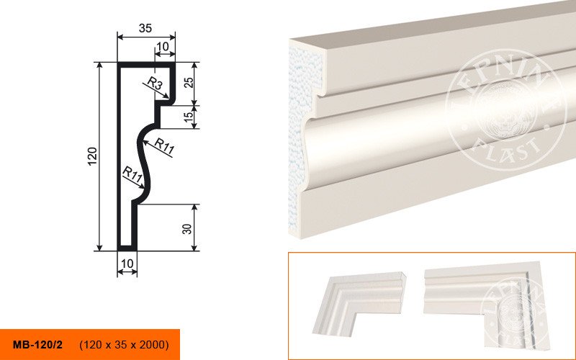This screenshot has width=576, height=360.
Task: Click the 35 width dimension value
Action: click(145, 28)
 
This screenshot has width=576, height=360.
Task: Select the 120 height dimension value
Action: click(93, 156)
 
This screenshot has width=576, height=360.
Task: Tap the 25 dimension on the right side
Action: click(189, 82)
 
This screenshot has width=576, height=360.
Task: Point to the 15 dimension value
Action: click(188, 117)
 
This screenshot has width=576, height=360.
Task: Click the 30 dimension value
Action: click(187, 229)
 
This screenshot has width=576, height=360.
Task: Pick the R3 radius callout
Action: click(156, 84)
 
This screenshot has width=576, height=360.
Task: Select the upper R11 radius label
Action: click(164, 146)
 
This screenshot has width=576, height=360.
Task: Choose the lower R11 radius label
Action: click(132, 174)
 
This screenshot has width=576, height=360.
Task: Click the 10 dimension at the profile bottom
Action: click(127, 264)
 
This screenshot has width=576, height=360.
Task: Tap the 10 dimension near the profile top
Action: click(163, 47)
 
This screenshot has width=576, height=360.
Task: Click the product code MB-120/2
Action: click(38, 345)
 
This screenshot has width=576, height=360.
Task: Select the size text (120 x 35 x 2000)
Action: click(124, 345)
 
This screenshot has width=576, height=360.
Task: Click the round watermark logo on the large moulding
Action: click(505, 110)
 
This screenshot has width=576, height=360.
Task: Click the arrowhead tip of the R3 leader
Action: click(169, 98)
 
